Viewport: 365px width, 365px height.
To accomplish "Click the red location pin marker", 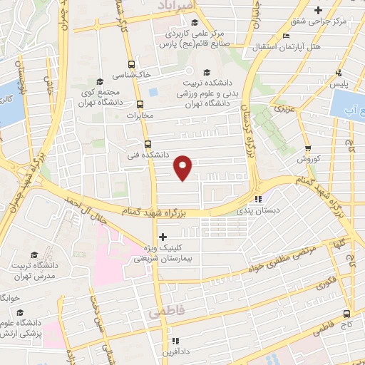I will pos(183,166).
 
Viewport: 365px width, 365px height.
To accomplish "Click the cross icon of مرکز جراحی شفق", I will pos(318,10).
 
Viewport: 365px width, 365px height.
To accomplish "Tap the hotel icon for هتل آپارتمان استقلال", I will pos(286,36).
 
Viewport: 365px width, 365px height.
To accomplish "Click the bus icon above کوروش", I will pos(308,148).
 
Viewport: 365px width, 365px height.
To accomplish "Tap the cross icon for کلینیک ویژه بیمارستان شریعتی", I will pos(163,236).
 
